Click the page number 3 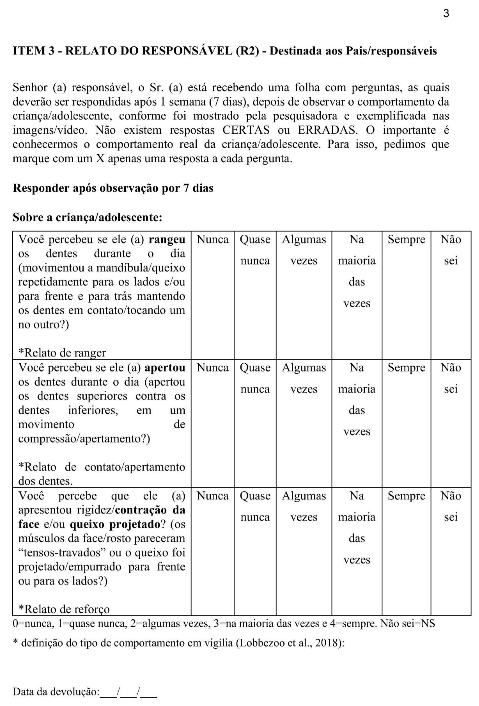point(446,14)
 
